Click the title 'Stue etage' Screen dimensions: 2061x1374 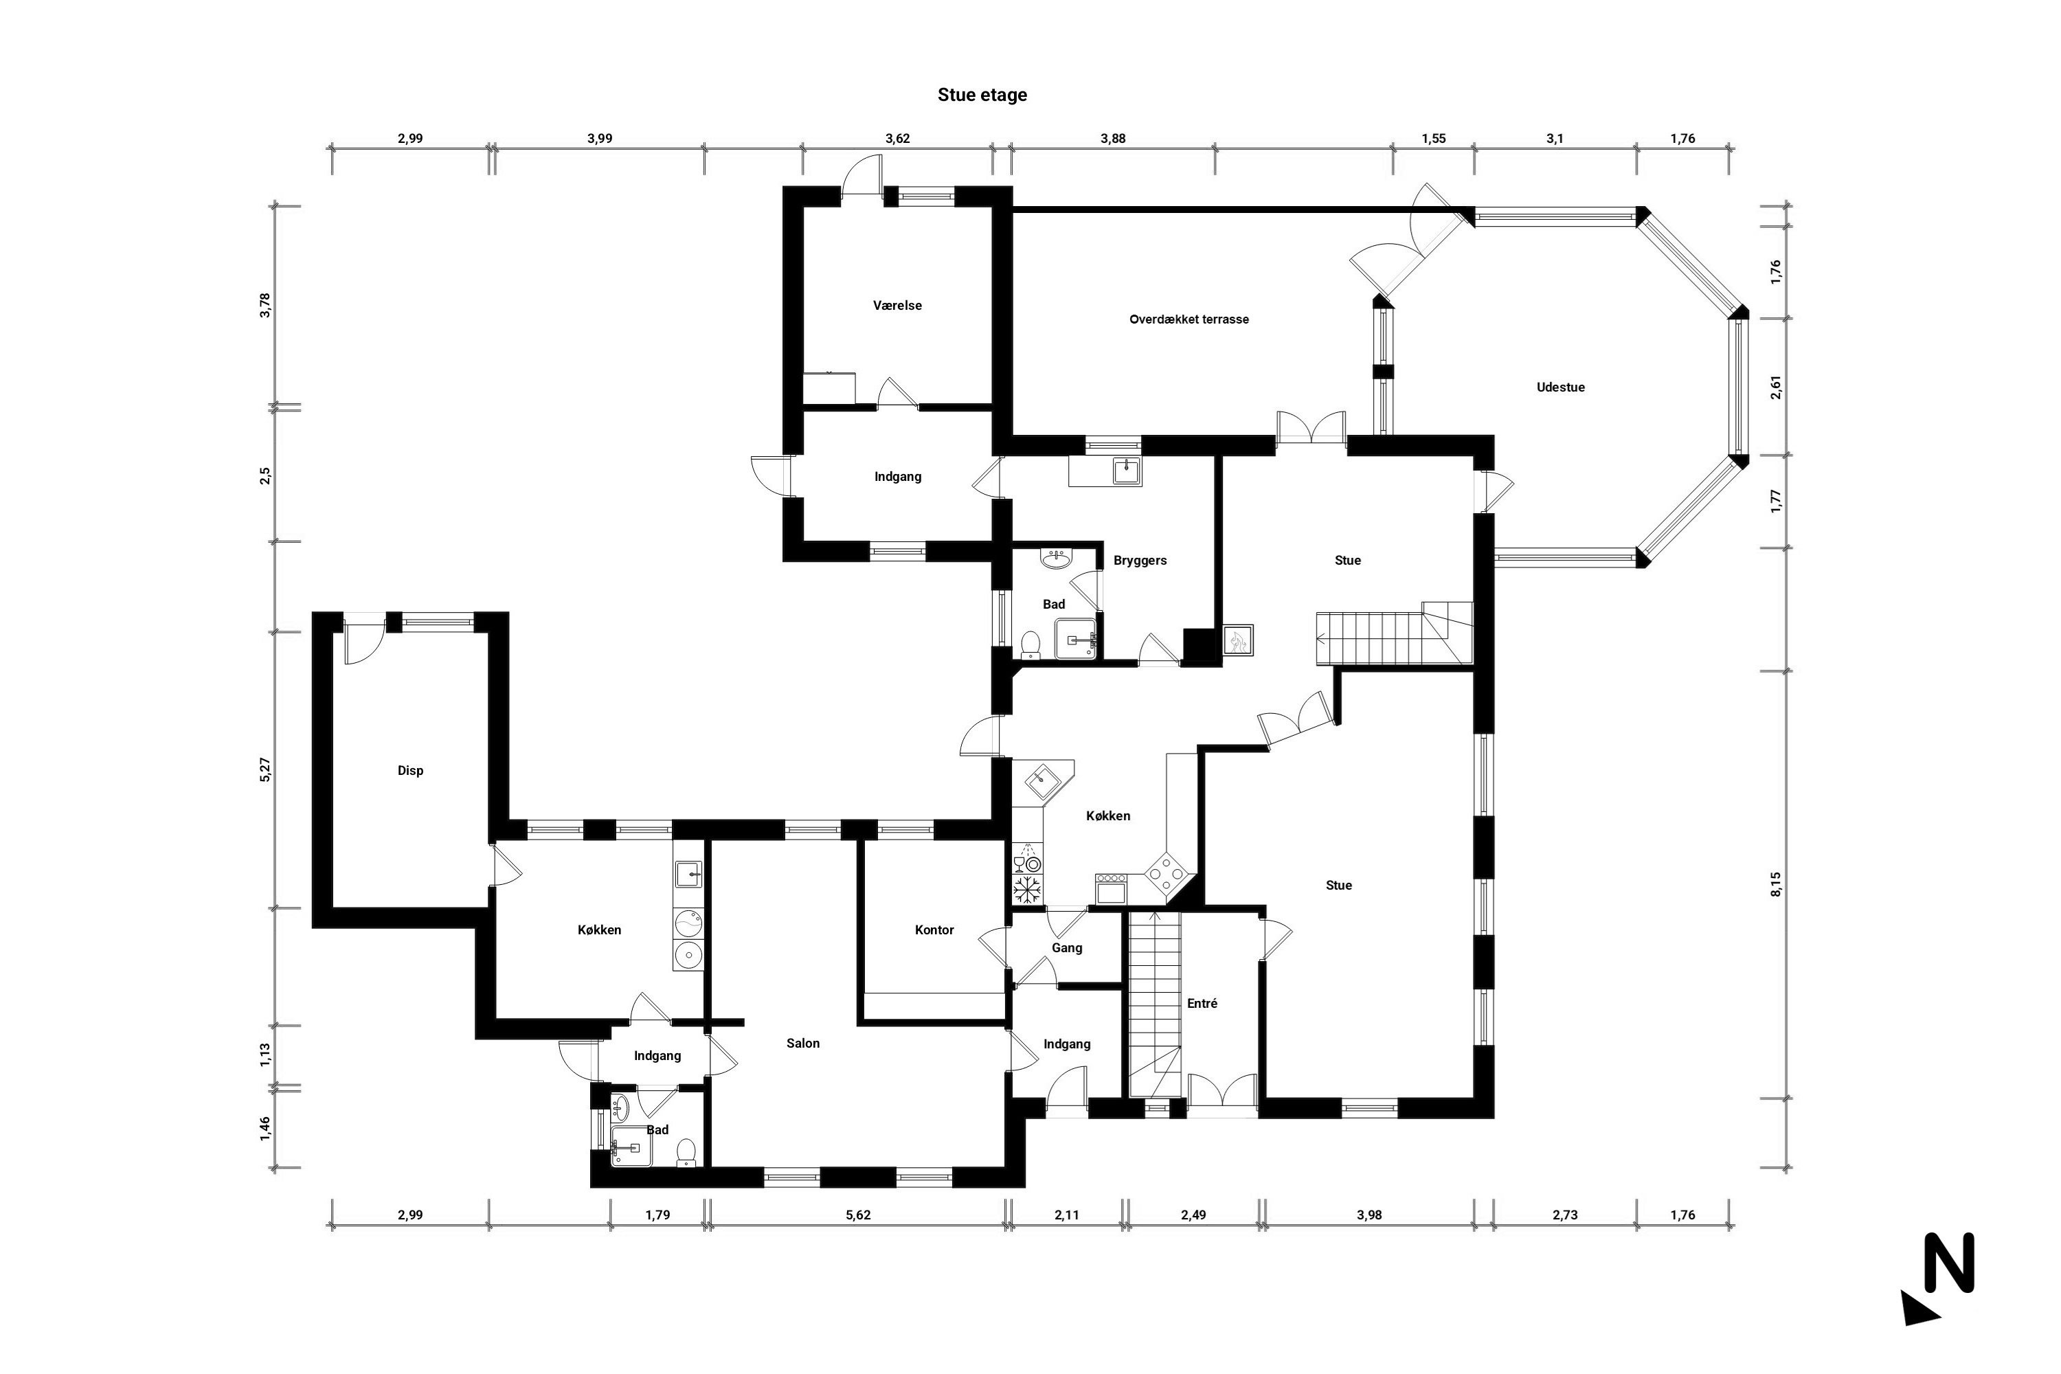coord(982,95)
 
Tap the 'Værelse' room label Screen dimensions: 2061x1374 coord(897,306)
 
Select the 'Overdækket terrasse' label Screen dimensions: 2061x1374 coord(1189,320)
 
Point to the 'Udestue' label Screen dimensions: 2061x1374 coord(1561,387)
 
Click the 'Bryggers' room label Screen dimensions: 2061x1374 coord(1140,561)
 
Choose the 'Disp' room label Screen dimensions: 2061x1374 coord(410,771)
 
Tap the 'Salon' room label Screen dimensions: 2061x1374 coord(802,1044)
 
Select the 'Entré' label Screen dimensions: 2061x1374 coord(1202,1003)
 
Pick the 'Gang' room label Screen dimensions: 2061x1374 coord(1068,948)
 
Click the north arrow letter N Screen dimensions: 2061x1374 coord(1949,1263)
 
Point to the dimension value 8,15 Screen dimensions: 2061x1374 coord(1776,884)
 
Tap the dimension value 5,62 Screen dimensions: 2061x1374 coord(859,1215)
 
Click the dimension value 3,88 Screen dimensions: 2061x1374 coord(1113,139)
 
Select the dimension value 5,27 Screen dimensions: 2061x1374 coord(265,769)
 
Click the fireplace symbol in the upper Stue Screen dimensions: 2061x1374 coord(1238,640)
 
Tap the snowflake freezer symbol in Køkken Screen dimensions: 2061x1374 coord(1026,890)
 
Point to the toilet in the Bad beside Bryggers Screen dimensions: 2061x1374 coord(1030,644)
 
